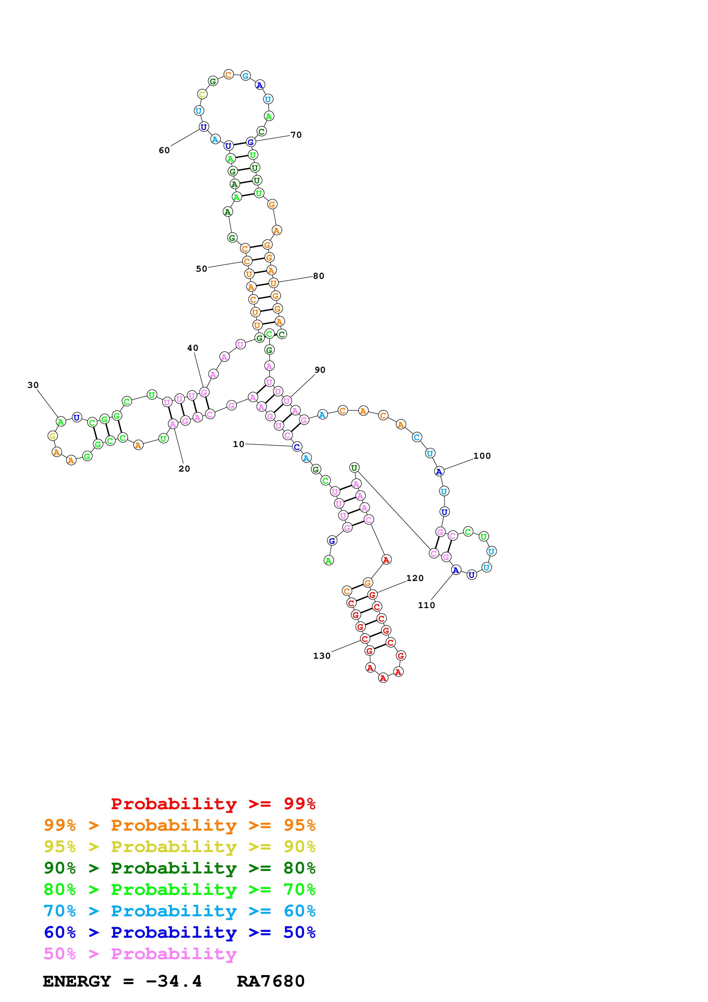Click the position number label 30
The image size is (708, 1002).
(33, 385)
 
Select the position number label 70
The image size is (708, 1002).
(296, 135)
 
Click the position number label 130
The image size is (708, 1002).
(322, 656)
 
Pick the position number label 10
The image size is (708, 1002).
(238, 444)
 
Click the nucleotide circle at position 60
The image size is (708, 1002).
(204, 127)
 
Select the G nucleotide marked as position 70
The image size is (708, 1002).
(250, 142)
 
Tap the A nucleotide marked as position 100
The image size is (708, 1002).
(439, 471)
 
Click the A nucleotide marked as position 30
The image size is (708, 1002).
(61, 422)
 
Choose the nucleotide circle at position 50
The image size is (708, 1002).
(247, 261)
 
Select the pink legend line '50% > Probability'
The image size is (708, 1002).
(140, 954)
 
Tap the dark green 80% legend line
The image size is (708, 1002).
(180, 868)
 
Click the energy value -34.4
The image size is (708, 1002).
(174, 981)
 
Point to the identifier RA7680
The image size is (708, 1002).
(270, 981)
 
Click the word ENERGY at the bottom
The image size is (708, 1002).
(77, 981)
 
